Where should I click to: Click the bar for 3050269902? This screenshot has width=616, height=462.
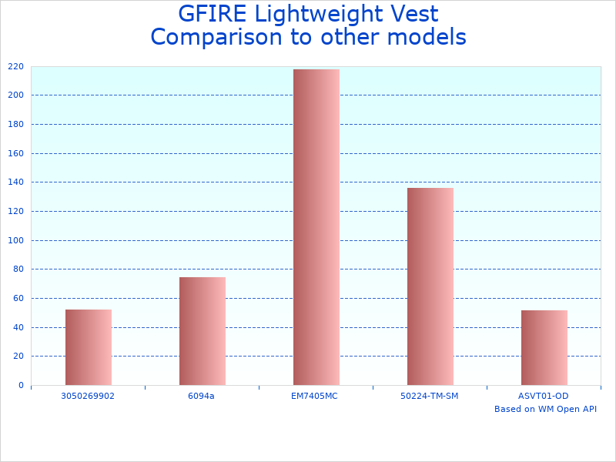[x=89, y=347]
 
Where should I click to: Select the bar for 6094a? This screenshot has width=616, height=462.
[x=203, y=331]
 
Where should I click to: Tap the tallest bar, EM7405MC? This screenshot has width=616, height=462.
[x=316, y=227]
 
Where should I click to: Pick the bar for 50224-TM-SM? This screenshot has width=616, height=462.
[x=430, y=286]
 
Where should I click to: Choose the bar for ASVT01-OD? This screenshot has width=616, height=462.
[x=544, y=347]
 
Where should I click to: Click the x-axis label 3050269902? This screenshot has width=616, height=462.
[x=88, y=396]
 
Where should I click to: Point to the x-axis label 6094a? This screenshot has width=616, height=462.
[x=202, y=396]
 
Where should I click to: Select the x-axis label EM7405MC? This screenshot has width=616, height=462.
[x=315, y=396]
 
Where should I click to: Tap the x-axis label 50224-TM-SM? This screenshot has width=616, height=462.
[x=430, y=396]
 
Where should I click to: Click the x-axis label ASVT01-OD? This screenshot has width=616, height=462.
[x=544, y=396]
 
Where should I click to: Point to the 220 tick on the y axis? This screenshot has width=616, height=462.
[x=16, y=66]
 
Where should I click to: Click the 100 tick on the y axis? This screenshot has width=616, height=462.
[x=16, y=240]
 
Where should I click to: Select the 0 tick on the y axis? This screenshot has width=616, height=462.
[x=21, y=385]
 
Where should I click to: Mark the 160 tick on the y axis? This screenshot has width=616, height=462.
[x=16, y=124]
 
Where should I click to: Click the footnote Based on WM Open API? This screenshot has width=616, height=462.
[x=545, y=409]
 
